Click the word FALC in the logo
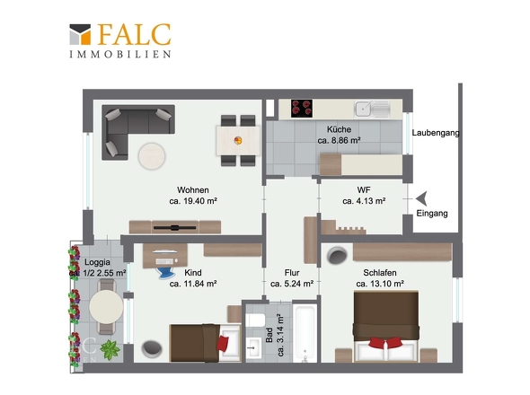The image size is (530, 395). click(134, 34)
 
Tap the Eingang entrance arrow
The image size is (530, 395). click(421, 198)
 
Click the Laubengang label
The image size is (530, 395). click(436, 133)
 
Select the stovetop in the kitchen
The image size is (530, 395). click(302, 109)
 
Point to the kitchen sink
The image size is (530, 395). click(372, 109)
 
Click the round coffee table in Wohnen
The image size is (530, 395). click(152, 156)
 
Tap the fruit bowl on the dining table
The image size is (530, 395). click(238, 140)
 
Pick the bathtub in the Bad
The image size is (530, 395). click(305, 333)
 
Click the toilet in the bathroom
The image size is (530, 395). click(255, 320)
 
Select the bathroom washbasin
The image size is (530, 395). click(253, 347)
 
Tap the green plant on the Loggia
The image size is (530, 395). click(110, 350)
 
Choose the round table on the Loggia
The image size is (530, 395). click(106, 307)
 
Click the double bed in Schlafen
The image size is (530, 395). click(386, 327)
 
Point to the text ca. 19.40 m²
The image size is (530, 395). click(193, 201)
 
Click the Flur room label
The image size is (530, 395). click(292, 272)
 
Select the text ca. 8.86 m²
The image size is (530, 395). click(339, 140)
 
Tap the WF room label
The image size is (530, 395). click(364, 190)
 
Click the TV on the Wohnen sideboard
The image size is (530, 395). click(175, 228)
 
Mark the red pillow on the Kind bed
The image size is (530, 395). click(223, 343)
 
